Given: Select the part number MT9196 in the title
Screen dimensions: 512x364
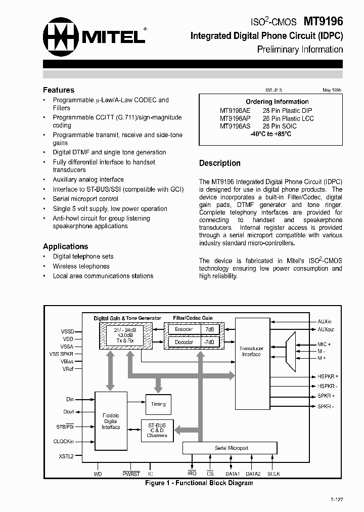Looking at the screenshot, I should click(323, 21).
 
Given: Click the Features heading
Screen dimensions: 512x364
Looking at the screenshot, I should click(59, 90).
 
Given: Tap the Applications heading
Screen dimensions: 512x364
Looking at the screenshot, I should click(65, 246).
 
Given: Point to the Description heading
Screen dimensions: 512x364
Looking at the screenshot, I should click(219, 163).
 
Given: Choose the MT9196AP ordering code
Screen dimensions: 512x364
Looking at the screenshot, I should click(235, 118).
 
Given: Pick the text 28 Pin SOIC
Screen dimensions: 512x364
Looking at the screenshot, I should click(280, 126).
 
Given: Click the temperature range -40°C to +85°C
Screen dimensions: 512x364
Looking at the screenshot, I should click(270, 134).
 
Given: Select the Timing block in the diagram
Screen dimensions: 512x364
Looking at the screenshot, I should click(158, 404).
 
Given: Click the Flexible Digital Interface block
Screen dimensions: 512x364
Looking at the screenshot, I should click(111, 421).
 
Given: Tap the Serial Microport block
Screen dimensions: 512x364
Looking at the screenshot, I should click(230, 448).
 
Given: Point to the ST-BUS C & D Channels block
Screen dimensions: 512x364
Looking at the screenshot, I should click(157, 431).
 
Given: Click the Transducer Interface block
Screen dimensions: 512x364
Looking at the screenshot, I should click(251, 351).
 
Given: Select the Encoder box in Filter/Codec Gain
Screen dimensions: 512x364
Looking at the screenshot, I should click(184, 329).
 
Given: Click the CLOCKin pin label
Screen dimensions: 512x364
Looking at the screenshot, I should click(64, 441).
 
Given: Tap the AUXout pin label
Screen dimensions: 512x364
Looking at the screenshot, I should click(326, 329).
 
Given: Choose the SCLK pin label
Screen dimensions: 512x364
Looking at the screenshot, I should click(274, 474).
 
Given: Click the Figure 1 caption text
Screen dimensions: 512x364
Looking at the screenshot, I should click(199, 483).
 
